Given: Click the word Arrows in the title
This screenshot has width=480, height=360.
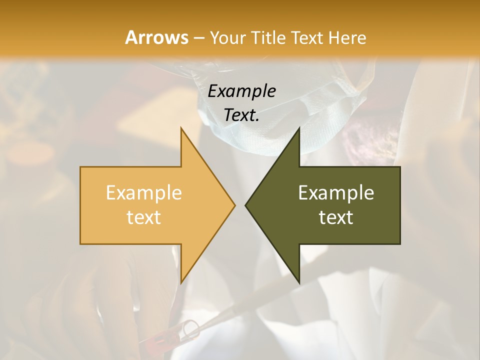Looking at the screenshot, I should tap(156, 37).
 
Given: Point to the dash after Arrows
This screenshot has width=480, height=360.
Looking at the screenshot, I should tap(199, 38).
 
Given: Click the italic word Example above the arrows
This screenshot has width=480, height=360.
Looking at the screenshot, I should tap(241, 91).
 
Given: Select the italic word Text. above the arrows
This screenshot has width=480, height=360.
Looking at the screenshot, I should tap(241, 115).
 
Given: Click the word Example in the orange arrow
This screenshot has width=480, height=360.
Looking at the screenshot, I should tap(144, 192).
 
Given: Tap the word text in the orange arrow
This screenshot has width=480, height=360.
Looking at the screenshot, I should tap(144, 217).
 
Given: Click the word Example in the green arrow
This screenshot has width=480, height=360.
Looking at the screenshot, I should tap(336, 192).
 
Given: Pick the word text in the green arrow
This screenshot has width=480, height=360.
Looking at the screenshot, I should tap(336, 217).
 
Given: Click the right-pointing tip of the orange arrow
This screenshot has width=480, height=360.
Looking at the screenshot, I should tap(233, 205).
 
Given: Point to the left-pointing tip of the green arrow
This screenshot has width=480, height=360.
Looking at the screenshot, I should tap(246, 205).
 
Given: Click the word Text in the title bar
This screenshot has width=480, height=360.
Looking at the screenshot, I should tap(306, 37).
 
